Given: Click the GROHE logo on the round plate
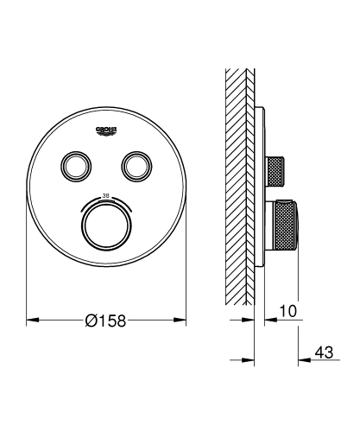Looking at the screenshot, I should click(x=107, y=130).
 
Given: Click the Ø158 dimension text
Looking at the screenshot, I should click(x=106, y=320).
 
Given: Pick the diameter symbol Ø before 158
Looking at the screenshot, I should click(x=91, y=320).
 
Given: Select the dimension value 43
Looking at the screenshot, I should click(x=324, y=353).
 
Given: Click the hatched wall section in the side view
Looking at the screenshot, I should click(x=238, y=173).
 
